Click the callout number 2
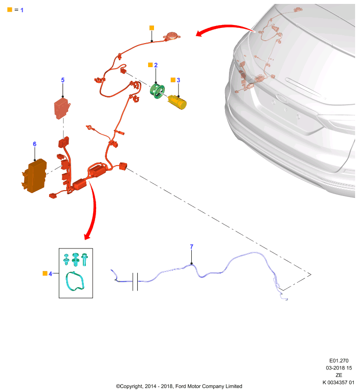[x=156, y=65]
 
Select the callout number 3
[x=179, y=80]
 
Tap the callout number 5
[x=63, y=80]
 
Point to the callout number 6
[x=34, y=144]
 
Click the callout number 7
[x=192, y=247]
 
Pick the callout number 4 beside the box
[x=51, y=274]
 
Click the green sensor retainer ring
[x=157, y=91]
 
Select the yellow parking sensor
[x=177, y=102]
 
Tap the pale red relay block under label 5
[x=62, y=108]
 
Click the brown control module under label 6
[x=34, y=176]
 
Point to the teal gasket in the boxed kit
[x=75, y=281]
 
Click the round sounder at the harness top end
[x=172, y=36]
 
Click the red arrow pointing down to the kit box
[x=93, y=210]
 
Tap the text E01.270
[x=339, y=361]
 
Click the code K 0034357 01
[x=338, y=382]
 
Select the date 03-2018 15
[x=339, y=368]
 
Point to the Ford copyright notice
[x=179, y=386]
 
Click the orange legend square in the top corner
[x=10, y=9]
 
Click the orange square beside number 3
[x=173, y=80]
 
